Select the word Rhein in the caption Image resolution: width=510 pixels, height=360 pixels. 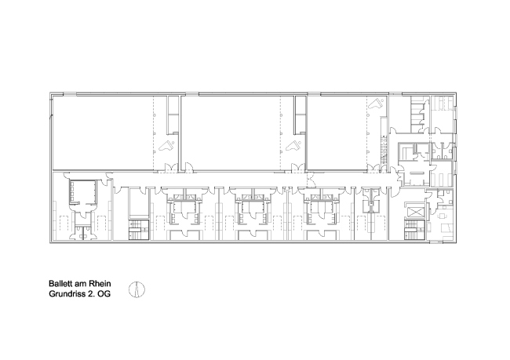pyautogui.click(x=101, y=284)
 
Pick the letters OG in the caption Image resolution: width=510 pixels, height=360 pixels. pyautogui.click(x=104, y=294)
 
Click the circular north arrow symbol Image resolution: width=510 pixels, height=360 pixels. pyautogui.click(x=137, y=289)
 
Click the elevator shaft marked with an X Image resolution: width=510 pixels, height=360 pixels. pyautogui.click(x=415, y=212)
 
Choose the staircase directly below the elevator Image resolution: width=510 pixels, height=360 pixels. pyautogui.click(x=415, y=230)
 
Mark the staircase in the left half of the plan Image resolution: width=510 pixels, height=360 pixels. pyautogui.click(x=139, y=230)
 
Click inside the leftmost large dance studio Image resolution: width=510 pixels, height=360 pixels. pyautogui.click(x=103, y=133)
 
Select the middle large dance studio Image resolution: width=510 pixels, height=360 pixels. pyautogui.click(x=231, y=133)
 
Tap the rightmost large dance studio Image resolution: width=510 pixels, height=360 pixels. pyautogui.click(x=337, y=133)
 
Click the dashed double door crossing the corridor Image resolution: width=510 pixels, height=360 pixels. pyautogui.click(x=311, y=180)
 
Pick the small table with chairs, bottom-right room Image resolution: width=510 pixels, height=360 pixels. pyautogui.click(x=442, y=215)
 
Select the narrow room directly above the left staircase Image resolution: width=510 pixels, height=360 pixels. pyautogui.click(x=139, y=202)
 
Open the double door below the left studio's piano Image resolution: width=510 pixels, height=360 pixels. pyautogui.click(x=170, y=168)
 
